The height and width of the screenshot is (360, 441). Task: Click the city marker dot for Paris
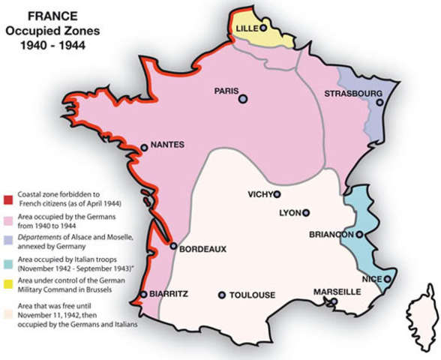coord(243,98)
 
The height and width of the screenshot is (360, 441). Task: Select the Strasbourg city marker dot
coord(380,103)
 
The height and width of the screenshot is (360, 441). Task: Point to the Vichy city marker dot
coord(277,194)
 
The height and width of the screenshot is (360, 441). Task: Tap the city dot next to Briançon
coord(359,235)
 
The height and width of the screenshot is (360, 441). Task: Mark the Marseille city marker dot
coord(334,302)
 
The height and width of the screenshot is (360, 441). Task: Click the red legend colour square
coord(7,193)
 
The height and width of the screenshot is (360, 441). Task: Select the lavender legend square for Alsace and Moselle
coord(7,238)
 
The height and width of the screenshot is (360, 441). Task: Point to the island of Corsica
coord(421,319)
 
